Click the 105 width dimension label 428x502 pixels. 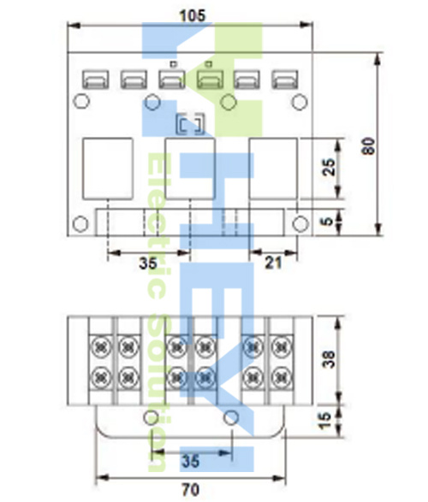click(x=193, y=16)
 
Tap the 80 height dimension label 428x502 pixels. click(x=368, y=146)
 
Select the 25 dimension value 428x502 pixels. click(x=329, y=167)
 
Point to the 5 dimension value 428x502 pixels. click(x=327, y=221)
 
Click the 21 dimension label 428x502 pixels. click(x=274, y=263)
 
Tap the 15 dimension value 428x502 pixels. click(x=324, y=421)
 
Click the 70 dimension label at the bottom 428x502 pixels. click(x=191, y=490)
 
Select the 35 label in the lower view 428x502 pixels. click(x=191, y=461)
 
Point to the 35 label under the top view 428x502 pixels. click(x=148, y=263)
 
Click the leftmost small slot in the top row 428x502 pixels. click(x=96, y=80)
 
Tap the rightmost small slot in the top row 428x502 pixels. click(x=285, y=80)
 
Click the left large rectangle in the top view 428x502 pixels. click(x=108, y=168)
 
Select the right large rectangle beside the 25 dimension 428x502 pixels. click(x=273, y=168)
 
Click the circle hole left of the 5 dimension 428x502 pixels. click(x=300, y=224)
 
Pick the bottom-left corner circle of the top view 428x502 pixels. click(x=80, y=224)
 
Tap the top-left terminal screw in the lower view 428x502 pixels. click(x=101, y=347)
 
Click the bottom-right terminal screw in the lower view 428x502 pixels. click(x=282, y=378)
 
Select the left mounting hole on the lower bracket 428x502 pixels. click(x=151, y=418)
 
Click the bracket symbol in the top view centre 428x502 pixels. click(x=191, y=124)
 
